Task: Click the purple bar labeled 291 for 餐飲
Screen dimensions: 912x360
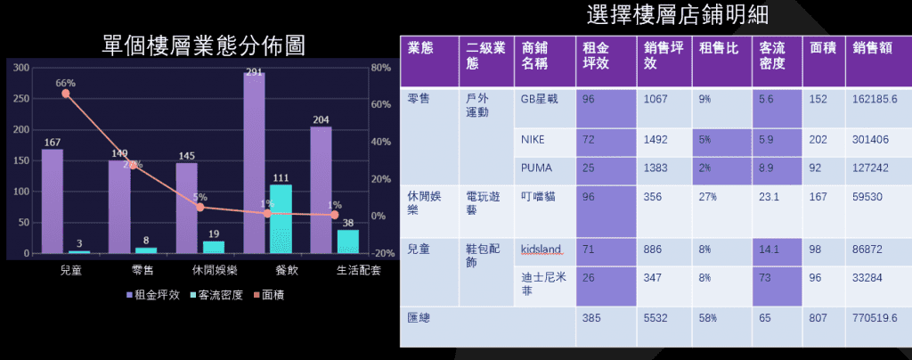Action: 254,163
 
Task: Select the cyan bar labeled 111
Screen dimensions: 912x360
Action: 281,219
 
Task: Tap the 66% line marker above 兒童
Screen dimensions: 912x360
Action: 66,94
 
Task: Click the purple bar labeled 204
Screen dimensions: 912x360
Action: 321,190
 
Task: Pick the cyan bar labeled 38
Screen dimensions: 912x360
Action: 348,242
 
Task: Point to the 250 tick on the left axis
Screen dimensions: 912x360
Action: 21,99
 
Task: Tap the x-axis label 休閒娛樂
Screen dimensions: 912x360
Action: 214,270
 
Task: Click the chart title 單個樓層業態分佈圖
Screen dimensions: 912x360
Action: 203,45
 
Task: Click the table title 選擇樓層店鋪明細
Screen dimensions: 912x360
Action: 678,15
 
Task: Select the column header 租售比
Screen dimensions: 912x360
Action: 719,48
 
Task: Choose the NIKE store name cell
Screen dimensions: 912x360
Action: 535,140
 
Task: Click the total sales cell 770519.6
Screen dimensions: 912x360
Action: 875,318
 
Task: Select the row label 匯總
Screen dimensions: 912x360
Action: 419,318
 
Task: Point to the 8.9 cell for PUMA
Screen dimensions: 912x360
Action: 766,168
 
